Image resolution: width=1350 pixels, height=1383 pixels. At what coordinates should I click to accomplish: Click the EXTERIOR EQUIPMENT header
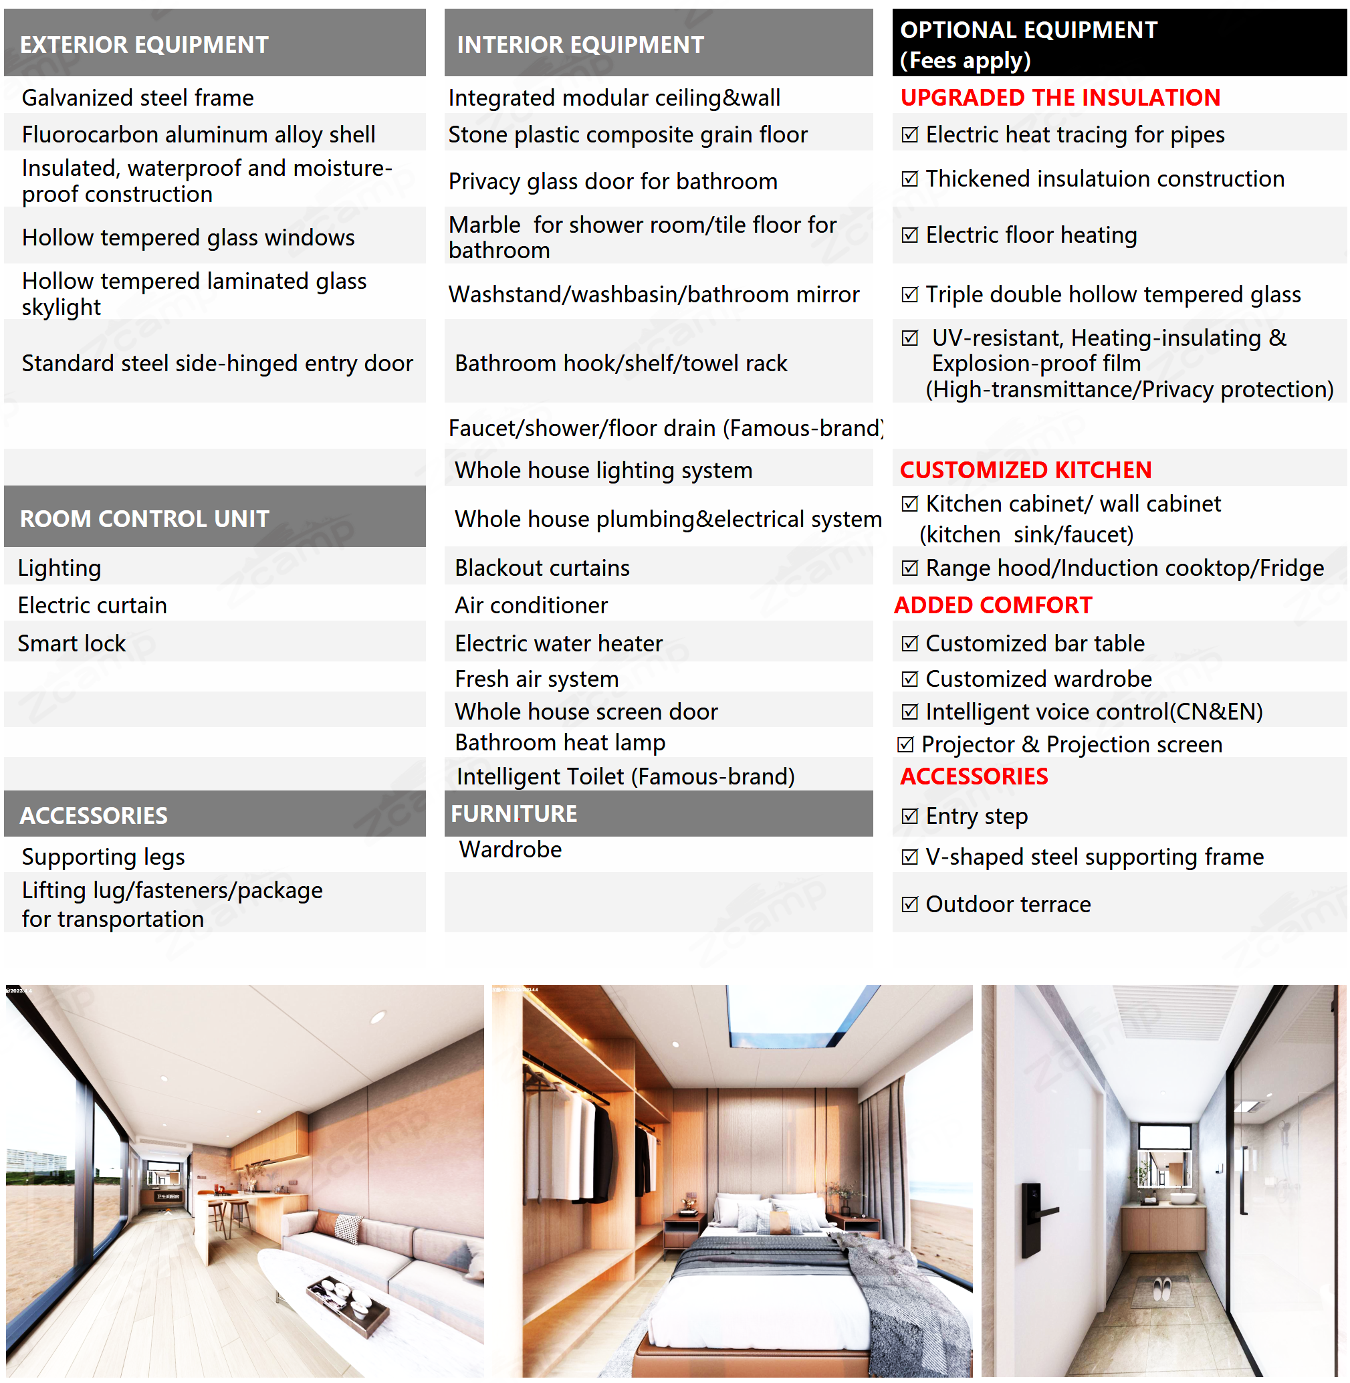tap(144, 45)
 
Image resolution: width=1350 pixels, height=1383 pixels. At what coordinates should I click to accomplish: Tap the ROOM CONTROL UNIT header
tap(144, 518)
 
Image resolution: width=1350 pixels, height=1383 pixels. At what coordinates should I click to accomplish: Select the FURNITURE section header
tap(514, 813)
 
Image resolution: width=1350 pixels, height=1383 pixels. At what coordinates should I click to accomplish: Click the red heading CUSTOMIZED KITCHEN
tap(1025, 469)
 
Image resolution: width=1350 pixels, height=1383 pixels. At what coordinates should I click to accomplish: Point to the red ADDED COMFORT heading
tap(993, 605)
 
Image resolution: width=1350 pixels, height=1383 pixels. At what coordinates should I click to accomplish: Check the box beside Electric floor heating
tap(909, 235)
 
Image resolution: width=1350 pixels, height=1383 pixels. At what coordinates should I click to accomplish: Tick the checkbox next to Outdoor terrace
tap(909, 904)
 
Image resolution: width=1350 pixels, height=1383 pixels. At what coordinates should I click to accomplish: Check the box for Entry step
tap(909, 817)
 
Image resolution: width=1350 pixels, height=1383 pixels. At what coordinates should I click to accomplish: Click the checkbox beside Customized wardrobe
tap(909, 679)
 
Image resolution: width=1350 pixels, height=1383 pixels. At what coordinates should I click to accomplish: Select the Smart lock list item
tap(72, 643)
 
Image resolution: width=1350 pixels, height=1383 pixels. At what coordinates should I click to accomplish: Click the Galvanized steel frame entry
tap(138, 98)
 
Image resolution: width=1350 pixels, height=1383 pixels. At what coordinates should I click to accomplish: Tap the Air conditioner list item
tap(531, 605)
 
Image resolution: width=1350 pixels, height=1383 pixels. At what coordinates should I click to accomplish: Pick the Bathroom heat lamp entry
tap(560, 742)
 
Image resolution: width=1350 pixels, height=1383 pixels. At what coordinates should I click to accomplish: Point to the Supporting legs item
tap(104, 857)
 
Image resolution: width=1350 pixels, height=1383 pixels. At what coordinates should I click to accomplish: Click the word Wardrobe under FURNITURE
tap(510, 849)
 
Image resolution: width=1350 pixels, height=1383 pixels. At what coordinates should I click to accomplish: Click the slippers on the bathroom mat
tap(1161, 1287)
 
